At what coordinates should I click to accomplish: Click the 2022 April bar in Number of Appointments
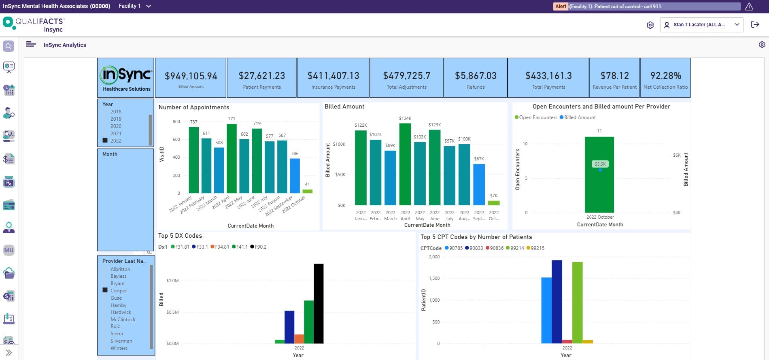pos(232,158)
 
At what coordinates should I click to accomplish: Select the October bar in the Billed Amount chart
pos(494,202)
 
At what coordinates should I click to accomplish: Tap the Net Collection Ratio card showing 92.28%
pos(665,78)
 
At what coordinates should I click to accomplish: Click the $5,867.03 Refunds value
pos(476,76)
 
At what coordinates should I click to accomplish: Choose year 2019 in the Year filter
pos(116,119)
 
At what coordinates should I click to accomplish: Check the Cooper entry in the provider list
pos(105,290)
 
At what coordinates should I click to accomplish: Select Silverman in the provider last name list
pos(121,341)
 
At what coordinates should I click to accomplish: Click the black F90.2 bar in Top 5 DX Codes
pos(319,303)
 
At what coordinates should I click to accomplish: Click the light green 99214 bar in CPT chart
pos(577,302)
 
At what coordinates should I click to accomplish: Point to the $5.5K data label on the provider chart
pos(600,164)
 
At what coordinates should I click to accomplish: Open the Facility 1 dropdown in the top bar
pos(135,6)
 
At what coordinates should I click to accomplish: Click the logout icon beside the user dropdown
pos(755,25)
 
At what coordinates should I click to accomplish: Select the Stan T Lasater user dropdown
pos(701,25)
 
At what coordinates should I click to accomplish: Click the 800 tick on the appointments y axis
pos(176,121)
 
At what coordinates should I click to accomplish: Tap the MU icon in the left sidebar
pos(9,250)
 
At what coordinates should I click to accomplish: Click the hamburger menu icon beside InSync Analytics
pos(31,45)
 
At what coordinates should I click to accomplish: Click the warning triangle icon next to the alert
pos(749,6)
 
